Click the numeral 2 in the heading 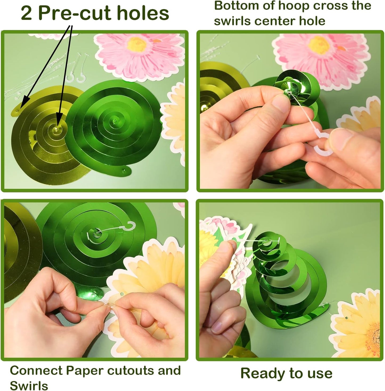point(26,14)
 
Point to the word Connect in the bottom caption point(36,371)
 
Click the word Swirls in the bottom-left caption point(29,385)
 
